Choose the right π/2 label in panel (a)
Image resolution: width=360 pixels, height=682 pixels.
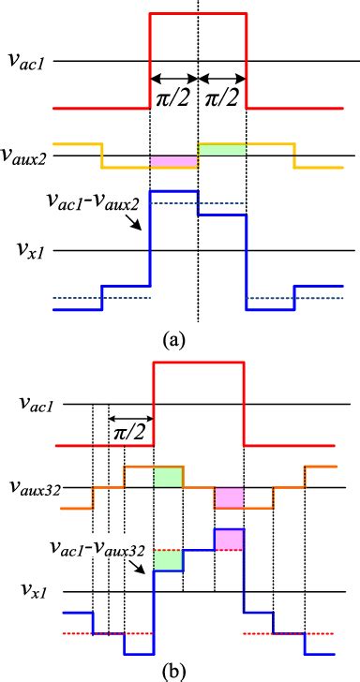(x=222, y=98)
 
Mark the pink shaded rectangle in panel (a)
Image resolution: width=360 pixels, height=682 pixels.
(x=173, y=162)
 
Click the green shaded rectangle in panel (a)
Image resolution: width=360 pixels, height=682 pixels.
(x=222, y=149)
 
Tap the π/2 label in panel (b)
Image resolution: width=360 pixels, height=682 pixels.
(x=130, y=434)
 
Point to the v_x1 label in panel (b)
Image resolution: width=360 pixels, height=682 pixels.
(x=29, y=592)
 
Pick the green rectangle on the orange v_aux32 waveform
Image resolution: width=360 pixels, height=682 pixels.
(x=168, y=476)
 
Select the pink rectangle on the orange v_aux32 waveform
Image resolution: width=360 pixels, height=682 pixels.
(x=229, y=497)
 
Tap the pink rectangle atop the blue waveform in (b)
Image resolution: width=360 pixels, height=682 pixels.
(x=229, y=540)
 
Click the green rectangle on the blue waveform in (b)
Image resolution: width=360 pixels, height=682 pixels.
(x=168, y=560)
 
